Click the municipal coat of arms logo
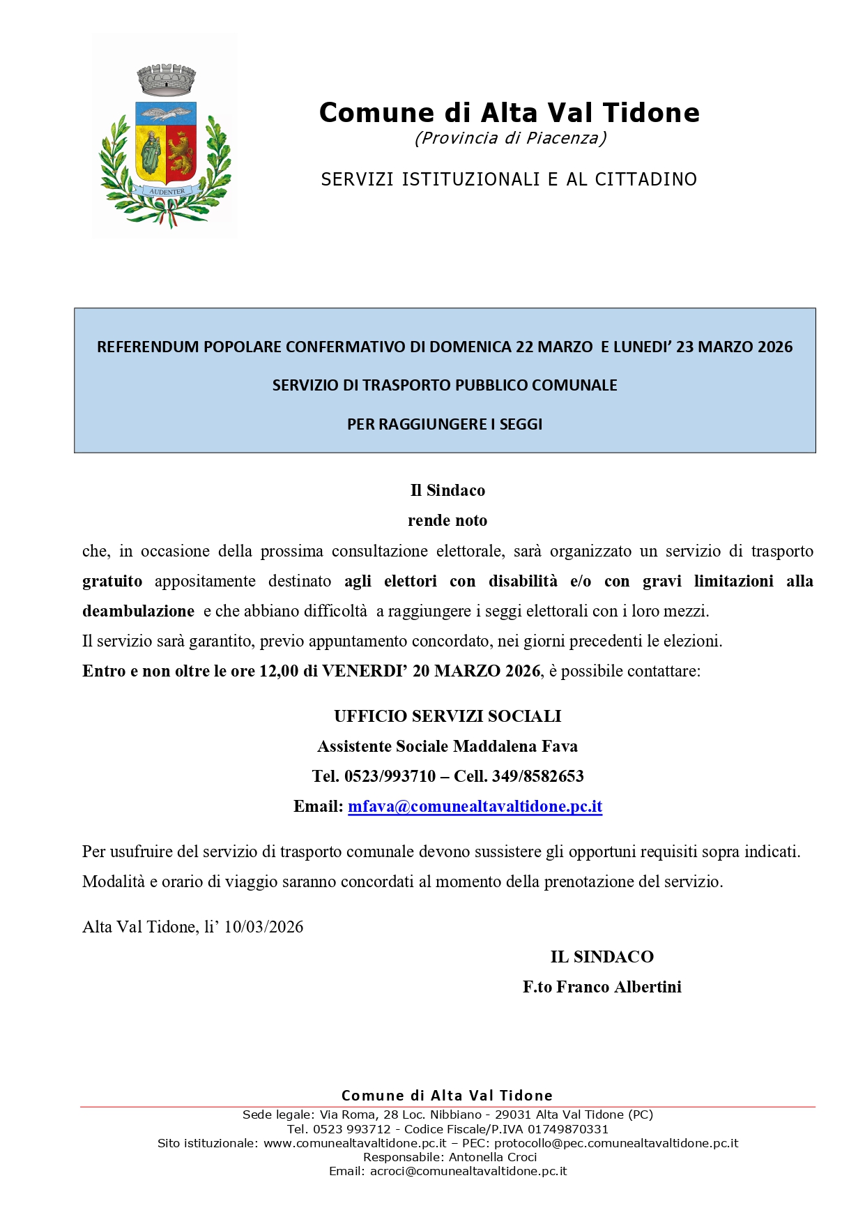click(x=165, y=143)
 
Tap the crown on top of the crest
click(x=166, y=80)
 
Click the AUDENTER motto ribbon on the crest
click(x=167, y=191)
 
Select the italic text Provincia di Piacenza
click(x=510, y=138)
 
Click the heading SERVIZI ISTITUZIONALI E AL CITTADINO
click(x=509, y=179)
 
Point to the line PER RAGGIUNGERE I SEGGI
click(x=445, y=424)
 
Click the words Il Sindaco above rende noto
click(x=447, y=490)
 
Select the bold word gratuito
click(x=112, y=581)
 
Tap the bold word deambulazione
click(x=138, y=611)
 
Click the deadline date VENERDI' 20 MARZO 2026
click(x=431, y=671)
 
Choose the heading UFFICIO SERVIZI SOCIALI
click(x=447, y=716)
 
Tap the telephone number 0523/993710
click(x=390, y=776)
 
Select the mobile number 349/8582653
click(x=537, y=776)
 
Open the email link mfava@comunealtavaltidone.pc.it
click(x=475, y=806)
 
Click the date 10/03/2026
click(x=263, y=927)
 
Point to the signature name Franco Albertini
click(x=619, y=987)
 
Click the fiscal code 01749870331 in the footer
click(x=568, y=1129)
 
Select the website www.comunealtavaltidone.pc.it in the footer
click(x=355, y=1143)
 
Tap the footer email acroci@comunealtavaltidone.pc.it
click(x=468, y=1171)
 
